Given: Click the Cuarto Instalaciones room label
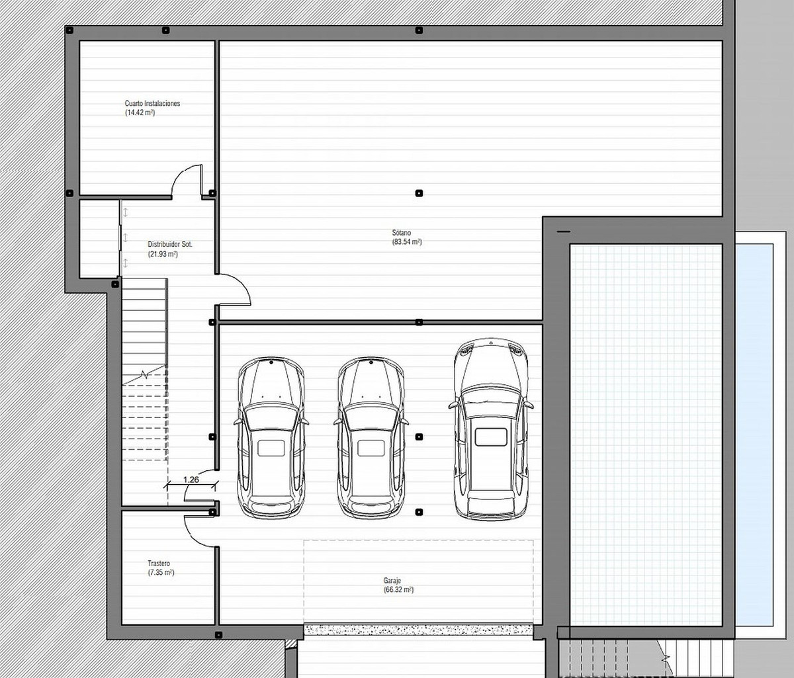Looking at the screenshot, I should point(152,104).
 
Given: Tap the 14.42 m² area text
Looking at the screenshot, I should point(140,113).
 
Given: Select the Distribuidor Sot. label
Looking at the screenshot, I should point(170,244).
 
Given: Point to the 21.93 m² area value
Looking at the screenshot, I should point(162,254).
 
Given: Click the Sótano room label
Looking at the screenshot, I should point(401,233).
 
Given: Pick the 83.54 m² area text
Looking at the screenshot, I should point(406,242).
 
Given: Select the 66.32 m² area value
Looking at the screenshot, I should point(398,589).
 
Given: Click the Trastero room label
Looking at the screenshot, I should point(159,564).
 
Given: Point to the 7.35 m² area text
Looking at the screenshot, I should point(161,573).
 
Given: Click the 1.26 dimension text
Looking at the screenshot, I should point(191,480).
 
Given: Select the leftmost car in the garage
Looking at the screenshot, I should point(271,437).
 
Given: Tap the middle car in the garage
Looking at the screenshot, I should point(371,437).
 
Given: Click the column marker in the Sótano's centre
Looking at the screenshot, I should point(419,193).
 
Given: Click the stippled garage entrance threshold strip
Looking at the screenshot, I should point(418,630).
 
